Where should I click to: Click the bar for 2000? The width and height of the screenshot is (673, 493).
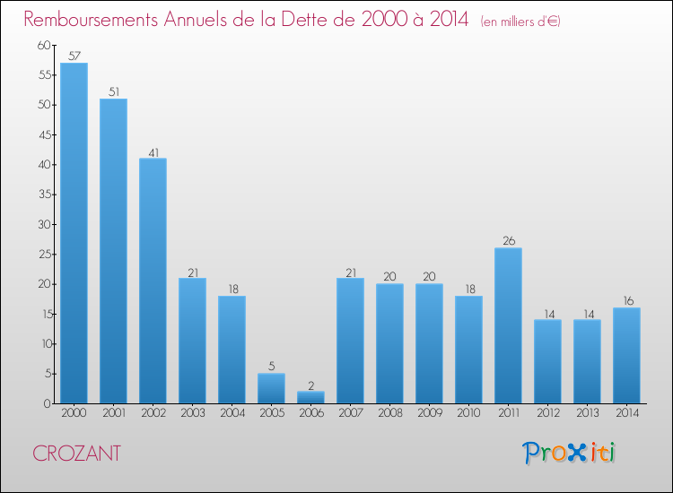(74, 233)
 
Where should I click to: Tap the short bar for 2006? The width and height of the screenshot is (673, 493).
(310, 397)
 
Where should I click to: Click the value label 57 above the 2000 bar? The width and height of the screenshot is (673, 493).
(74, 56)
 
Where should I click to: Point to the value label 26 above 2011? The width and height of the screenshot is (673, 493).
(508, 240)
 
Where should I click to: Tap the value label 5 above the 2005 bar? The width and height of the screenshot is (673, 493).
(271, 366)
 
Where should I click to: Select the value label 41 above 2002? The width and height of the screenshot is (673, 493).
(153, 151)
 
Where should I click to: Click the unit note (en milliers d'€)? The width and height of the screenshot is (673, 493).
(520, 21)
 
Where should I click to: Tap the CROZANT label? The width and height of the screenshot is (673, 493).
(76, 454)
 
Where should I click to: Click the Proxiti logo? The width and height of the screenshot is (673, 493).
(569, 453)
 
